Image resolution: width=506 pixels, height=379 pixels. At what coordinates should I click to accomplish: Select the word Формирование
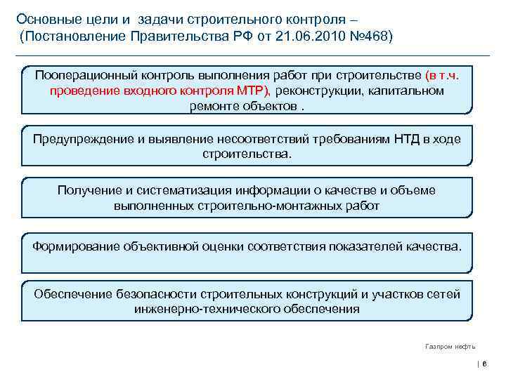point(76,246)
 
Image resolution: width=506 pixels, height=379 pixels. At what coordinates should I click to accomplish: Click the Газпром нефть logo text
point(450,346)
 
